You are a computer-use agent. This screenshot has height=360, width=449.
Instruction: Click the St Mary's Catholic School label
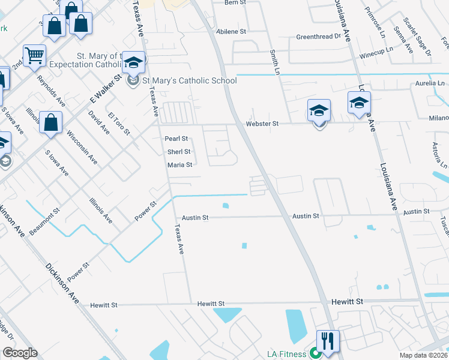pyautogui.click(x=189, y=80)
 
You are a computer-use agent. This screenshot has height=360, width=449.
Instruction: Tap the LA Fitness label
pyautogui.click(x=287, y=354)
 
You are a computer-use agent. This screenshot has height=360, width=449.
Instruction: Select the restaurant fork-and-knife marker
pyautogui.click(x=328, y=341)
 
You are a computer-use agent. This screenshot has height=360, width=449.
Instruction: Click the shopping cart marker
pyautogui.click(x=34, y=56)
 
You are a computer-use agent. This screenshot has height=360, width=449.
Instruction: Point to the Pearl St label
pyautogui.click(x=176, y=139)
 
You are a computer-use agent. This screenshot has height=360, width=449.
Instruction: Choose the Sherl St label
pyautogui.click(x=178, y=152)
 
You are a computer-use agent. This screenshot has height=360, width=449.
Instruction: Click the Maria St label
pyautogui.click(x=179, y=165)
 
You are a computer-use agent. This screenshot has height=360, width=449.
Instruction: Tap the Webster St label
pyautogui.click(x=263, y=124)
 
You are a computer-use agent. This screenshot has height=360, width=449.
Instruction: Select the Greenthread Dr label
pyautogui.click(x=318, y=37)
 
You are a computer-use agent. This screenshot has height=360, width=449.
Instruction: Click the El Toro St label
pyautogui.click(x=119, y=123)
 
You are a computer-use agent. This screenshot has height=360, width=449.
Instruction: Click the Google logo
pyautogui.click(x=20, y=353)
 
